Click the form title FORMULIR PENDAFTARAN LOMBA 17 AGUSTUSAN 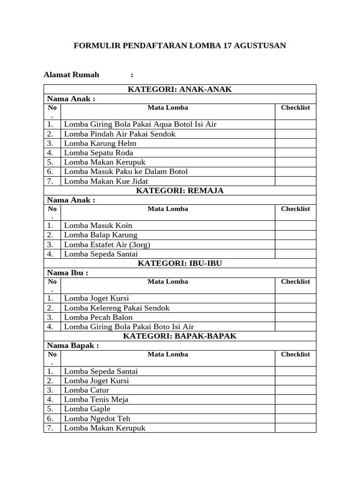(x=180, y=45)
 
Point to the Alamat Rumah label (x=71, y=75)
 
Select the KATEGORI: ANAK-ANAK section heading (x=180, y=89)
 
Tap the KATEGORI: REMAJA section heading (x=180, y=190)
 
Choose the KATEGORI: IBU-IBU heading (x=180, y=263)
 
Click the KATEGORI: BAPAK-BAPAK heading (x=180, y=336)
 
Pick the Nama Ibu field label (x=67, y=272)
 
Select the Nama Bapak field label (x=73, y=345)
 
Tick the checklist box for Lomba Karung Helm (x=295, y=143)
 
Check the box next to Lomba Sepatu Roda (x=295, y=153)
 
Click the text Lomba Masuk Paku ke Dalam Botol (x=126, y=172)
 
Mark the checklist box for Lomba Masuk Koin (x=295, y=225)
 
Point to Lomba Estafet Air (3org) (x=107, y=245)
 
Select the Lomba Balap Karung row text (x=100, y=235)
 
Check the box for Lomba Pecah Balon (x=295, y=317)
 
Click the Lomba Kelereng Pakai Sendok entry (x=117, y=308)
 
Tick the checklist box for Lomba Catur (x=295, y=390)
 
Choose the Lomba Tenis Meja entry (x=96, y=399)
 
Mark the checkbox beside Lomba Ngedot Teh (x=295, y=419)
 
